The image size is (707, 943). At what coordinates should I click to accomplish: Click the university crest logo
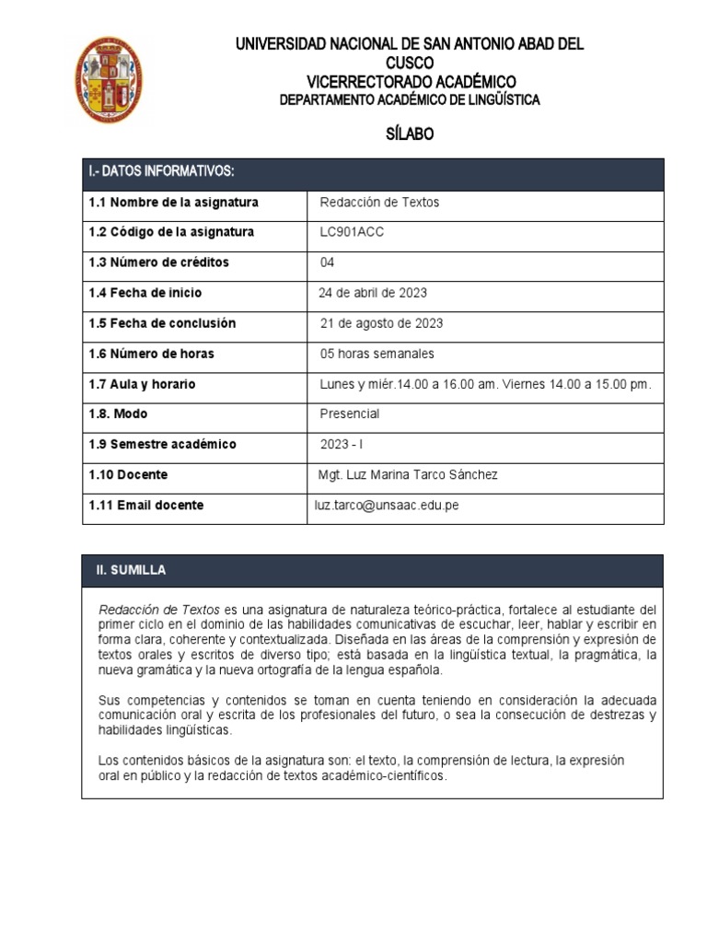108,80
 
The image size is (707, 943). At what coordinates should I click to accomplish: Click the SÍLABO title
410,134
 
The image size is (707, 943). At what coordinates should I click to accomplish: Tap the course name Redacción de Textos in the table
379,203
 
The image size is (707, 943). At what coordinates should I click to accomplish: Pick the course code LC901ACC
352,232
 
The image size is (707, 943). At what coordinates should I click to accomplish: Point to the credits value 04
327,262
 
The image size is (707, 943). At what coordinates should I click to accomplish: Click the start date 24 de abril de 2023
373,293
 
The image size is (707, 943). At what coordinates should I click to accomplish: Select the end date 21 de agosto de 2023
381,323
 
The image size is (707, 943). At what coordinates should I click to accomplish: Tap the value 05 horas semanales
377,354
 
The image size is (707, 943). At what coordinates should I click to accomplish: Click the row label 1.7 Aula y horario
142,384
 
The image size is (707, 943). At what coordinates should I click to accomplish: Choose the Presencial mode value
349,414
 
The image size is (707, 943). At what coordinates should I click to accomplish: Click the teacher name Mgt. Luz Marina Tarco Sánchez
407,475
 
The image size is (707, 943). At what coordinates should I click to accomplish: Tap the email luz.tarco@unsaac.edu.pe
387,506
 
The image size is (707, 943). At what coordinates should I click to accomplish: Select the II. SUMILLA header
132,571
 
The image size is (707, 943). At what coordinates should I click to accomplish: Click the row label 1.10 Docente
128,475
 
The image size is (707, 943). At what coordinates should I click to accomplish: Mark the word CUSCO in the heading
410,63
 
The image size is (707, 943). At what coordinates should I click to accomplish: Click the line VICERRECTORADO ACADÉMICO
411,81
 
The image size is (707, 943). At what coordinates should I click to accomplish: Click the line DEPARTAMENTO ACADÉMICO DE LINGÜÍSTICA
410,100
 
